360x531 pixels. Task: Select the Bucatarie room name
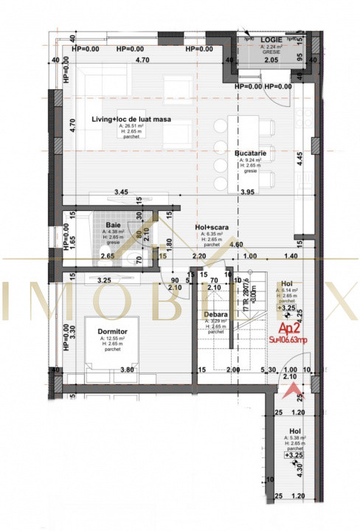pos(252,153)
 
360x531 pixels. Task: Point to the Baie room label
pos(114,225)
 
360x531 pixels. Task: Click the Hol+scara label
pos(211,228)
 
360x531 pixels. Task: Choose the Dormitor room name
pos(113,331)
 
